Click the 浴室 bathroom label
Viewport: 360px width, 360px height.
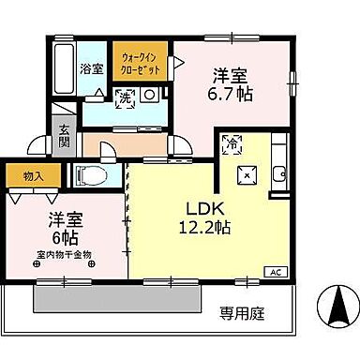coord(90,68)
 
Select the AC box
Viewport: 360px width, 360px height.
coord(276,271)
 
